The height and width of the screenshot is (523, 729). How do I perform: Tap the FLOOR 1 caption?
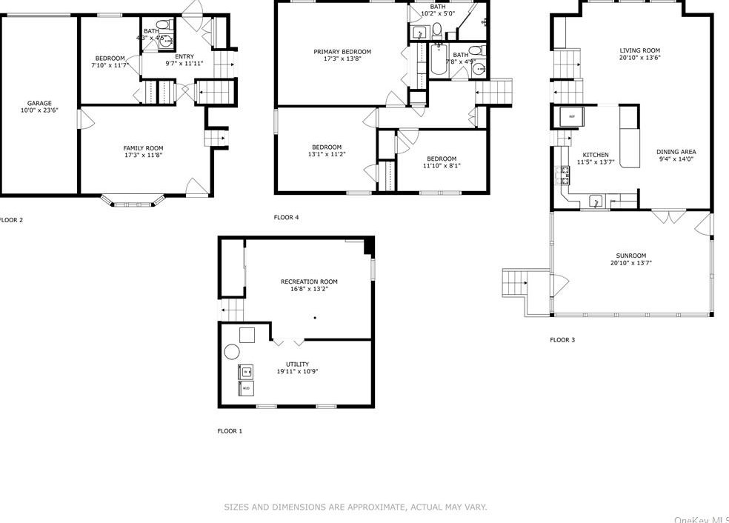click(x=230, y=431)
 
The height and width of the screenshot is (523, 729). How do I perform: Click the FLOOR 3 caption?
click(x=562, y=340)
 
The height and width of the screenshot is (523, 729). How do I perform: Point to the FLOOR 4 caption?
click(x=287, y=218)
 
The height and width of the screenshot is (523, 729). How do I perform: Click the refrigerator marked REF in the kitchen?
click(x=571, y=116)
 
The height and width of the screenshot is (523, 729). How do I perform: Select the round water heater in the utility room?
click(x=232, y=352)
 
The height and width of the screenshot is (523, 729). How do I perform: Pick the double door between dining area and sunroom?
click(x=668, y=217)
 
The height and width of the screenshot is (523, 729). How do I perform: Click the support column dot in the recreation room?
click(x=315, y=318)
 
